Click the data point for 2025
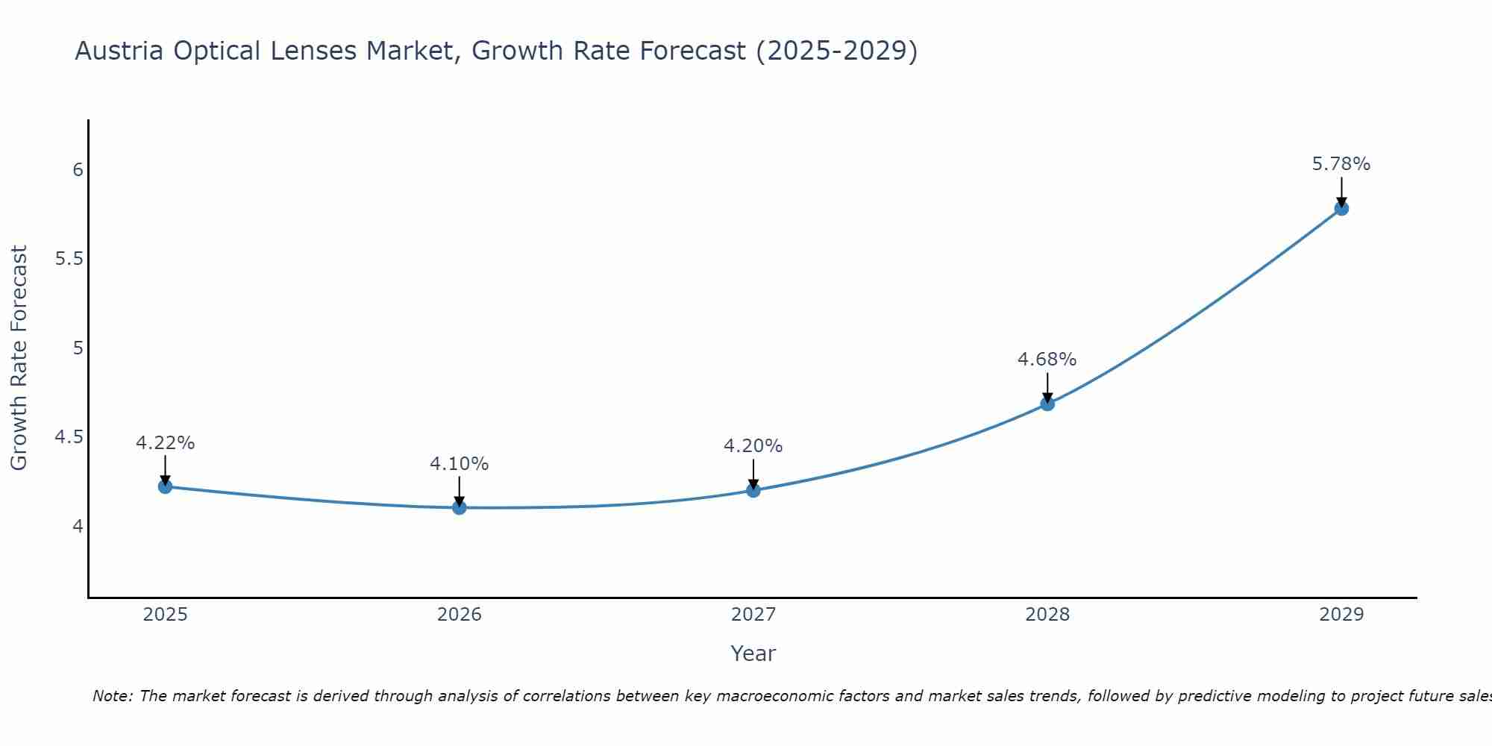[165, 486]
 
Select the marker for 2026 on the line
[460, 508]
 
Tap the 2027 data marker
[753, 490]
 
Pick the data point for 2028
[1047, 404]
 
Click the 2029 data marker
[1341, 208]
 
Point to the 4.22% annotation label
[165, 443]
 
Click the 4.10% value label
[460, 464]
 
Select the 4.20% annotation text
[753, 446]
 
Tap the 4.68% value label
[1047, 360]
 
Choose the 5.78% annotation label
[1341, 164]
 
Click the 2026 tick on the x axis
[460, 615]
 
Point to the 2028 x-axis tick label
[1047, 615]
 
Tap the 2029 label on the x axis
[1341, 615]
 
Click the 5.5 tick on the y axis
[69, 260]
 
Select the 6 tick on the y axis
[78, 170]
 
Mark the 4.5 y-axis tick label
[69, 437]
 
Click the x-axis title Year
[753, 653]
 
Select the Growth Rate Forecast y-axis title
[19, 358]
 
